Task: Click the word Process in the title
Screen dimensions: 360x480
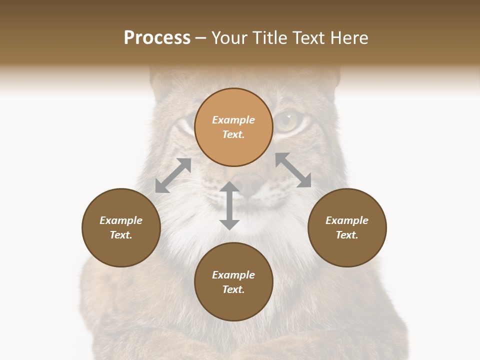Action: point(157,38)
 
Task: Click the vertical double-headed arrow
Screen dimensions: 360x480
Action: point(229,206)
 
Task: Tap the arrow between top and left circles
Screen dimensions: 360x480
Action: point(173,175)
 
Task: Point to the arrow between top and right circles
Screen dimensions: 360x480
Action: point(293,170)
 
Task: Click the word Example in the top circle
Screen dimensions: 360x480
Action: point(233,120)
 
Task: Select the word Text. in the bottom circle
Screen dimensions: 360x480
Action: point(233,289)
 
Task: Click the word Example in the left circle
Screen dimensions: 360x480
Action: point(121,220)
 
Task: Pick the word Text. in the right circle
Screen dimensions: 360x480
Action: point(347,235)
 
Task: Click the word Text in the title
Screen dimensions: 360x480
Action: point(311,38)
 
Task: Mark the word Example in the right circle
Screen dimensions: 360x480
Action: point(347,220)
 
